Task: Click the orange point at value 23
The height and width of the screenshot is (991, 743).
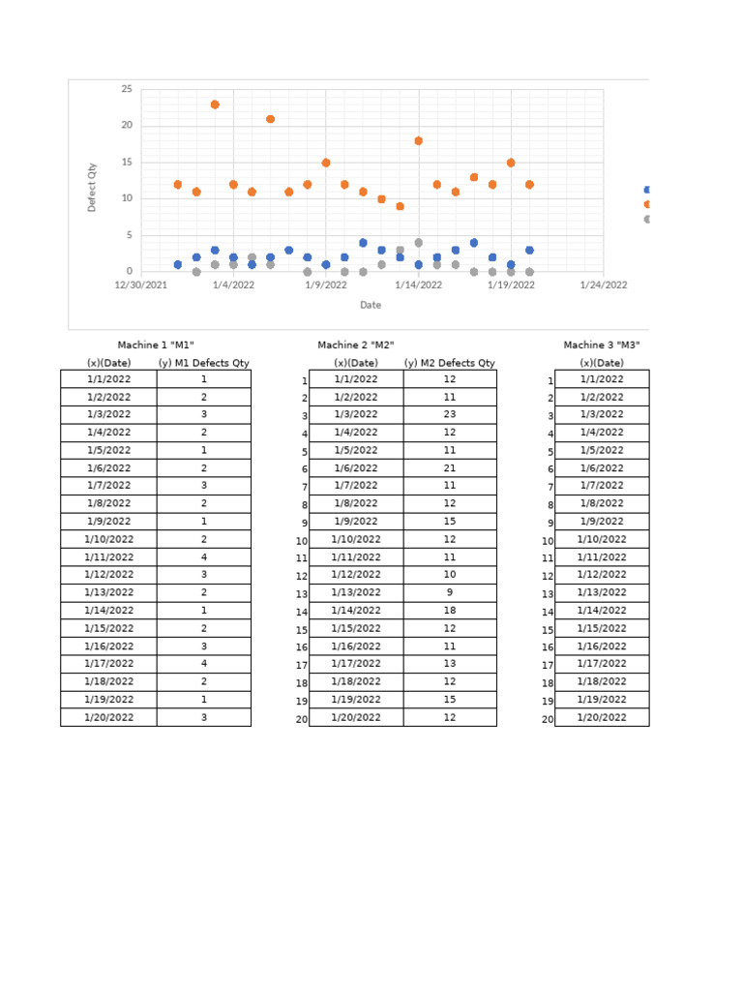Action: [x=215, y=105]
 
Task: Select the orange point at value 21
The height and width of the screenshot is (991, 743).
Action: [x=270, y=119]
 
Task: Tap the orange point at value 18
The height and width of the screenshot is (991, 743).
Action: [x=418, y=140]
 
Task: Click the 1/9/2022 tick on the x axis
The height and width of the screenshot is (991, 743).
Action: [x=326, y=285]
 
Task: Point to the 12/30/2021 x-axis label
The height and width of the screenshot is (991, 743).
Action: [x=141, y=285]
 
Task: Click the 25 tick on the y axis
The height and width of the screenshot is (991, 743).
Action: [x=127, y=89]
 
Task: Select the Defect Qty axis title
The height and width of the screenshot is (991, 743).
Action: [x=92, y=187]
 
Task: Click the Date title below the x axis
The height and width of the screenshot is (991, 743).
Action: [x=371, y=305]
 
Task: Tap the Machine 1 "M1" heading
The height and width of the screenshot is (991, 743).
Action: [x=156, y=345]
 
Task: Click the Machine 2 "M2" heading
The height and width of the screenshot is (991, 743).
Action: [x=356, y=345]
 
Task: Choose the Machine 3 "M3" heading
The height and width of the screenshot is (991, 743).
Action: [x=602, y=345]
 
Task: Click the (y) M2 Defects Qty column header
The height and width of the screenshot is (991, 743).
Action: [x=450, y=363]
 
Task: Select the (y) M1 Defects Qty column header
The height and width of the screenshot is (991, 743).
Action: [x=204, y=363]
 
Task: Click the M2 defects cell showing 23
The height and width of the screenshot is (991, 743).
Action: [x=450, y=415]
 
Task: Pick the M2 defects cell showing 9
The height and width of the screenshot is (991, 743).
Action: [x=450, y=592]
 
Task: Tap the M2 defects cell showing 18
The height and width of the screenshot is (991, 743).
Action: [x=450, y=610]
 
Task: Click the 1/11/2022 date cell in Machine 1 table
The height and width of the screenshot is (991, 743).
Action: [x=108, y=556]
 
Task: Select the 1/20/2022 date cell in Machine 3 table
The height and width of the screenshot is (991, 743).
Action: [x=602, y=717]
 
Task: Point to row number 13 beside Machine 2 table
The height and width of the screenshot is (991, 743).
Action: [x=302, y=594]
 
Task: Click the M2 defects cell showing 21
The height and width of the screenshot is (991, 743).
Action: [x=450, y=467]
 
